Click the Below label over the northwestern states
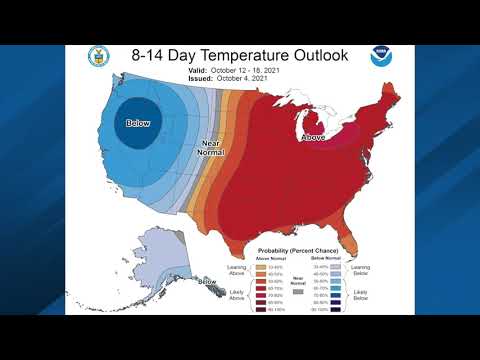click(138, 123)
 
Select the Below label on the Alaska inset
click(207, 282)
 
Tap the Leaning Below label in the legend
click(361, 270)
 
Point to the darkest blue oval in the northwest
click(139, 120)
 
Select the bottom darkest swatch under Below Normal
click(336, 311)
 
